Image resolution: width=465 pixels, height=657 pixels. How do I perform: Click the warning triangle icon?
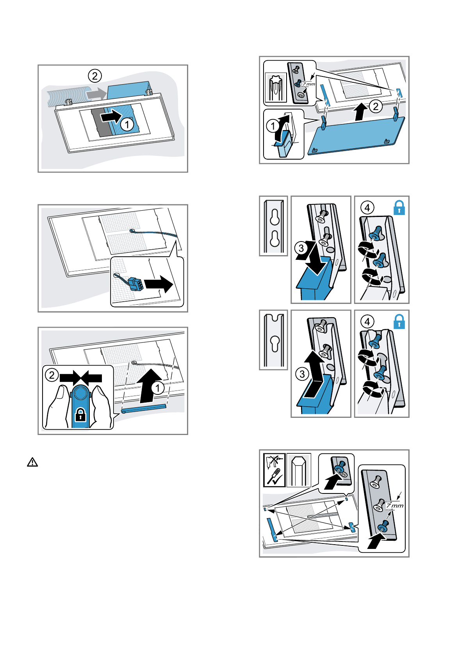coord(32,462)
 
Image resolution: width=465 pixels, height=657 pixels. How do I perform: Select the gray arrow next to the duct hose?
coord(95,94)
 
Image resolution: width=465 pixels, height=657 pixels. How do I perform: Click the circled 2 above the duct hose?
coord(94,75)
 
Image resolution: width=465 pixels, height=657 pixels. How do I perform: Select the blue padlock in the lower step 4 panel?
coord(399,322)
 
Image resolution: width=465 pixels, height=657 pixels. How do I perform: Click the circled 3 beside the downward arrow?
coord(301,248)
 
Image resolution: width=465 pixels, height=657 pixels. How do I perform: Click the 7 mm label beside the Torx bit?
coord(308,84)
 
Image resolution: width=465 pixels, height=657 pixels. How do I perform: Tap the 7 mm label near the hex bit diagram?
coord(395,506)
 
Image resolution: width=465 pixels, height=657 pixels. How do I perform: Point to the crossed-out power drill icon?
coord(274,461)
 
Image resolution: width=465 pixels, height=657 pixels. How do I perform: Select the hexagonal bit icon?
coord(299,470)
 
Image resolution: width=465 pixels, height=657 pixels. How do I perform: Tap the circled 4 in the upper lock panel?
coord(367,208)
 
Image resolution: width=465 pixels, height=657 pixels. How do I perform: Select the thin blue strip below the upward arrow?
coord(144,408)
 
